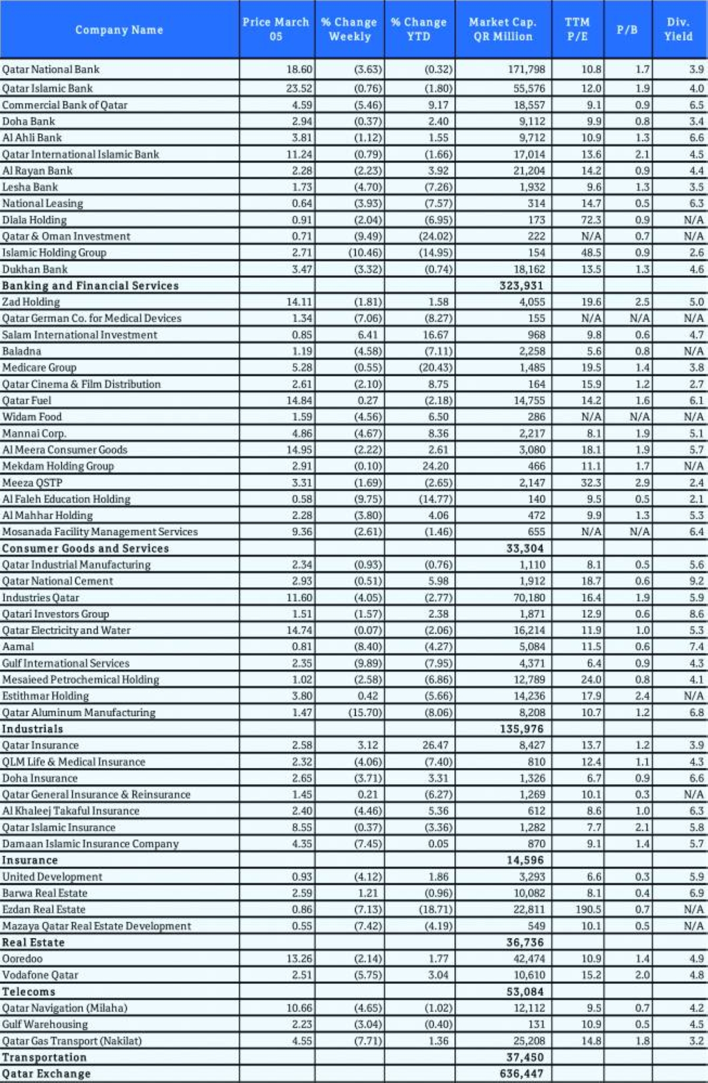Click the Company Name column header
[x=119, y=29]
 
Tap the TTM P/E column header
[x=577, y=29]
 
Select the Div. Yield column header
[x=678, y=29]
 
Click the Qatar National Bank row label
[x=51, y=70]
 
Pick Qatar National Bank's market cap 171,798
[x=526, y=70]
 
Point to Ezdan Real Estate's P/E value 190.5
[x=588, y=910]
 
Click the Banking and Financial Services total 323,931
[x=521, y=286]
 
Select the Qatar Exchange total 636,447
[x=521, y=1074]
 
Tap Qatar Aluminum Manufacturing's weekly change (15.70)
[x=365, y=713]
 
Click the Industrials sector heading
[x=32, y=729]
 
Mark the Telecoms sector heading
[x=28, y=992]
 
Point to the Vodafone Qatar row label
[x=40, y=975]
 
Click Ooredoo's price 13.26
[x=299, y=959]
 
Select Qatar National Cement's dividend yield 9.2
[x=696, y=581]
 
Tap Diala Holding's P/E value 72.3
[x=591, y=220]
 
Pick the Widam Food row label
[x=32, y=417]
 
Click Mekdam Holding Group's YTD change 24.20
[x=435, y=466]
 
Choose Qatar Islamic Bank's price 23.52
[x=299, y=88]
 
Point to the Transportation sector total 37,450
[x=525, y=1057]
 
